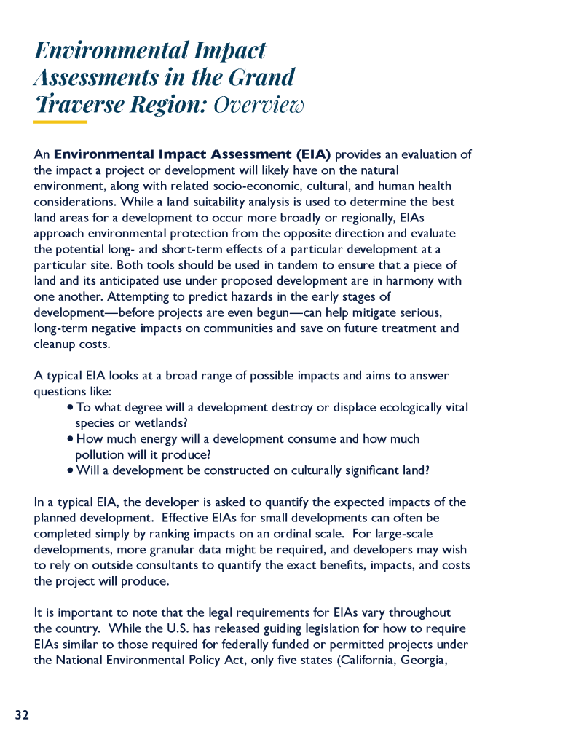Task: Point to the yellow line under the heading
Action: (60, 122)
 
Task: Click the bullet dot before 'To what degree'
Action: (70, 408)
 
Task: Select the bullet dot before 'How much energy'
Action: (70, 439)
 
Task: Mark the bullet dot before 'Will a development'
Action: (70, 470)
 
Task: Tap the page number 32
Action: (22, 715)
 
